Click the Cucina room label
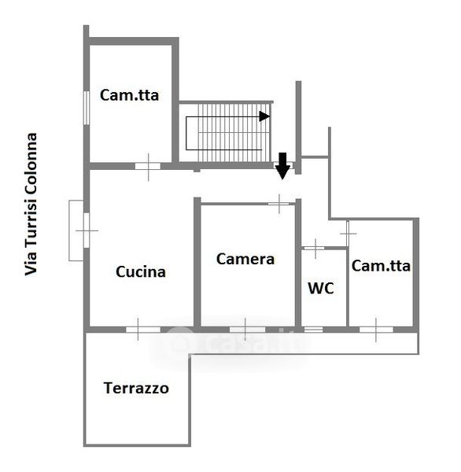coord(141,272)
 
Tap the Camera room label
coord(245,259)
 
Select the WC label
coord(321,288)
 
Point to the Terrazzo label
coord(136,388)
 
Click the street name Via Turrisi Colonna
coord(31,204)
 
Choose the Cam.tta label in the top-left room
coord(130,95)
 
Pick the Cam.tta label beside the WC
coord(381,266)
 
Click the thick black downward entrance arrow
coord(282,166)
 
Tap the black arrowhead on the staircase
coord(264,116)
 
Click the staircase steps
coord(234,133)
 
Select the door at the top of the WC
coord(315,249)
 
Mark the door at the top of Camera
coord(278,204)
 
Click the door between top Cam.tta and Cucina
coord(148,167)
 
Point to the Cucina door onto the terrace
coord(143,330)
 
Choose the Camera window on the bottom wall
coord(247,330)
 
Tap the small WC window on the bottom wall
coord(313,330)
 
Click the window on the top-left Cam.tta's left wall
coord(87,108)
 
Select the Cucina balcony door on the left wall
coord(87,230)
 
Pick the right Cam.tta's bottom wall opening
coord(376,330)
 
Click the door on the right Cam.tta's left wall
coord(348,234)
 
